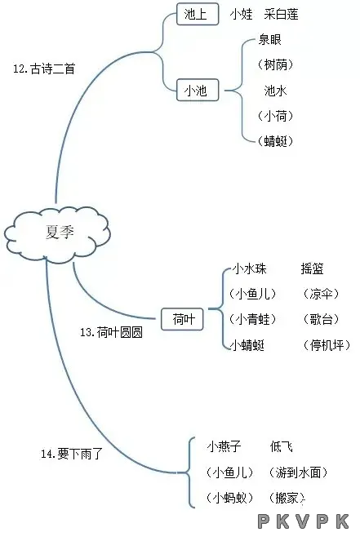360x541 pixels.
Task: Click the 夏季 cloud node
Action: pos(57,233)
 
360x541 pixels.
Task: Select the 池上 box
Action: pos(198,14)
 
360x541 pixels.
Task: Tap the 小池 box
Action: pos(198,90)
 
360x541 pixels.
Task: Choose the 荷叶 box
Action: pos(182,319)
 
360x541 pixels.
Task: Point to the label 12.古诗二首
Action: pos(44,69)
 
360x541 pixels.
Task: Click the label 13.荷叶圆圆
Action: pos(111,332)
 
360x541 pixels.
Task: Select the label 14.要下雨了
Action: pos(72,454)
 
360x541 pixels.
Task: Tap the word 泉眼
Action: pos(269,40)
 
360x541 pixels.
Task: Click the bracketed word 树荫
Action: pos(275,64)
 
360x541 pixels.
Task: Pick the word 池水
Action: pos(275,91)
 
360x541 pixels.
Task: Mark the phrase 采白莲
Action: pos(282,14)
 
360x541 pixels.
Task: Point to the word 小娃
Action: pos(242,14)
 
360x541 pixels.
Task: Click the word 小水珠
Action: pos(249,268)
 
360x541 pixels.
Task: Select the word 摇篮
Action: pos(312,268)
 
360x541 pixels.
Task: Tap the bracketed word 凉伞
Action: pos(321,294)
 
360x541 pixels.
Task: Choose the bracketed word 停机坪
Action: pos(327,345)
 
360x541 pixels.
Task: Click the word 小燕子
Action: pos(224,447)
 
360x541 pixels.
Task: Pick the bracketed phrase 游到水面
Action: pos(298,472)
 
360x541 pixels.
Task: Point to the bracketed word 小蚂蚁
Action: pos(230,498)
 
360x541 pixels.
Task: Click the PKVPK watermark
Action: pos(304,521)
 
